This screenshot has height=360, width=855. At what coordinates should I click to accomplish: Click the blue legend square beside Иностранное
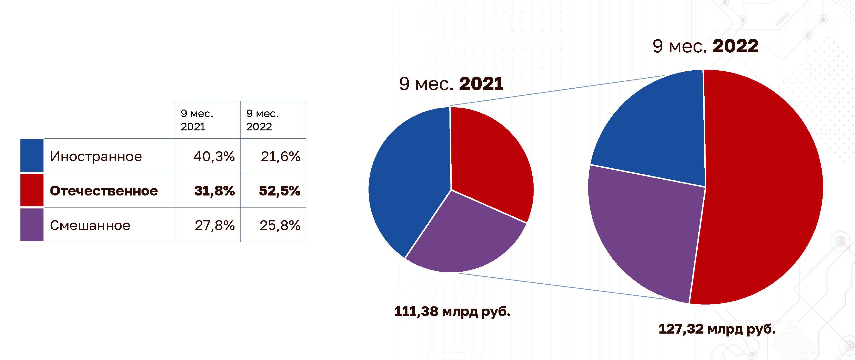(x=32, y=156)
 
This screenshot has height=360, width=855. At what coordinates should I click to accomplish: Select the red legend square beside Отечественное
(x=32, y=190)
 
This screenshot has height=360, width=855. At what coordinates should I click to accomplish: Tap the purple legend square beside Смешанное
(x=32, y=225)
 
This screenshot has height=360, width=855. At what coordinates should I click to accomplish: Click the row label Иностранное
(x=96, y=156)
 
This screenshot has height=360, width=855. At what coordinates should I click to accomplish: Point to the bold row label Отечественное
(x=104, y=191)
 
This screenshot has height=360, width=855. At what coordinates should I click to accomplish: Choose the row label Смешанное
(x=90, y=225)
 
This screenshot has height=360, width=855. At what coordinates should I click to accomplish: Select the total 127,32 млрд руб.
(x=717, y=329)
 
